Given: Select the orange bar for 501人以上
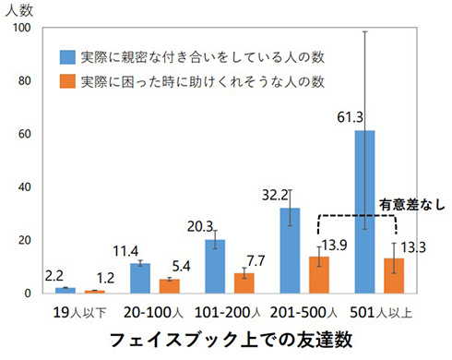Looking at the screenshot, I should tap(394, 275).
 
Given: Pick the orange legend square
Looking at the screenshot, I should tap(67, 82).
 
